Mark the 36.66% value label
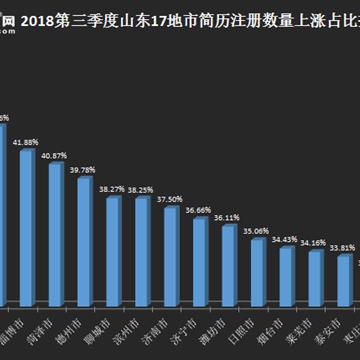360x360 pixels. click(x=198, y=210)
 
